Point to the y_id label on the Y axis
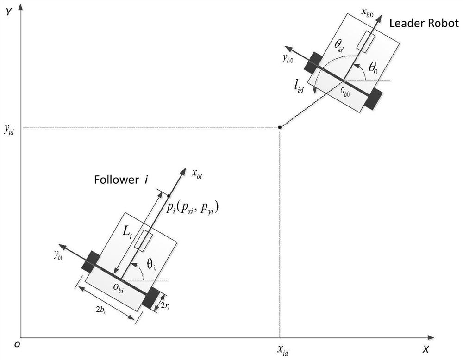point(9,130)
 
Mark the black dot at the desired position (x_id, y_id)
point(279,127)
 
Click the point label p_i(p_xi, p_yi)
point(192,208)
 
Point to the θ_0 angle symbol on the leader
point(373,68)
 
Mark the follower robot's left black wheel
point(90,261)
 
